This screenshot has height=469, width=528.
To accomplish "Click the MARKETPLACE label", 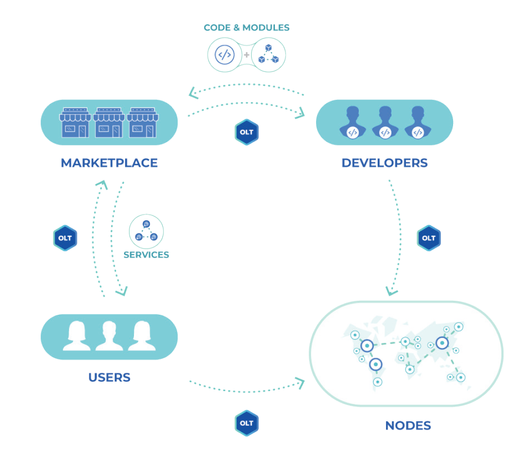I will [x=109, y=163].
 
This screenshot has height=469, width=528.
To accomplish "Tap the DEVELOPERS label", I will [x=385, y=163].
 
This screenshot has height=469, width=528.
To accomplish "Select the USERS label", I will [x=109, y=377].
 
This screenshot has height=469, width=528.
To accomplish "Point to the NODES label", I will [x=408, y=425].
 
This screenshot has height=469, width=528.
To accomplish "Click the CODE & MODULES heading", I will [x=247, y=28].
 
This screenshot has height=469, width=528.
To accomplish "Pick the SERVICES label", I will [x=146, y=255].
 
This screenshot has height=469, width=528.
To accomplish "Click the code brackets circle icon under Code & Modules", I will [x=225, y=55].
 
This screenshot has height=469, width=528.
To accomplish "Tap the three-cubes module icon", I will [x=268, y=55].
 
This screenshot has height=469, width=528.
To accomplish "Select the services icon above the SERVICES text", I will [x=146, y=231].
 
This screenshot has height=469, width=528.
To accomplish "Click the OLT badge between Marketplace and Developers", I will [x=247, y=132].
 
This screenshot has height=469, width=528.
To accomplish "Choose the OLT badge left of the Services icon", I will [x=65, y=238].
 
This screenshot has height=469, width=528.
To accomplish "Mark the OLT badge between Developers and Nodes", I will [x=429, y=238].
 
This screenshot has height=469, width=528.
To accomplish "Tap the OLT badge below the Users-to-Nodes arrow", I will [x=247, y=423].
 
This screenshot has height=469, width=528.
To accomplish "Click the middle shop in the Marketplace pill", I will [x=109, y=122].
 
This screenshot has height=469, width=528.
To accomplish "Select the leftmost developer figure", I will [x=353, y=122].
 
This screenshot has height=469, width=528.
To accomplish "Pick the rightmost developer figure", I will [x=418, y=122].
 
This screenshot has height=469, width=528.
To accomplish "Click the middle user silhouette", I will [x=109, y=336].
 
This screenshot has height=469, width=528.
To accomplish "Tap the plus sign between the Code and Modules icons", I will [x=247, y=55].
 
